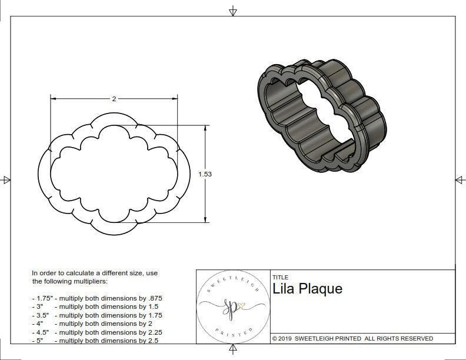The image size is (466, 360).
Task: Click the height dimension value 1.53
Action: click(205, 174)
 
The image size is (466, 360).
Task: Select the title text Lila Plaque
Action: click(307, 289)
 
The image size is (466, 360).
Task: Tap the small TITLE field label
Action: click(280, 277)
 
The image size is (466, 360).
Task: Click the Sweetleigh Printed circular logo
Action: click(232, 306)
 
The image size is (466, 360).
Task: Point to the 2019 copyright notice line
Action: click(352, 338)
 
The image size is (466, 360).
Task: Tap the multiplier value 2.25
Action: click(153, 332)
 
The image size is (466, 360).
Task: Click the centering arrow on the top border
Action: click(233, 11)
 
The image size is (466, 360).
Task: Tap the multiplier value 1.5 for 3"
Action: click(152, 306)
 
